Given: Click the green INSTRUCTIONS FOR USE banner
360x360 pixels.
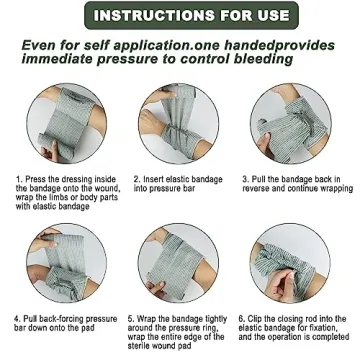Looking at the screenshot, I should coord(179,17).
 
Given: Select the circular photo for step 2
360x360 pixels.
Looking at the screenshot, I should coord(179,125).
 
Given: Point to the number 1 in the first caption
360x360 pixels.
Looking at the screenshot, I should coord(17,180).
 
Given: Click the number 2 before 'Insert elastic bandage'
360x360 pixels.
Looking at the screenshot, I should coord(134,180).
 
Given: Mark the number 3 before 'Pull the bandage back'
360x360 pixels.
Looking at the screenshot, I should coord(245,180).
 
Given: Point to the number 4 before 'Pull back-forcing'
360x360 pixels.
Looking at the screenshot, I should coord(17,319).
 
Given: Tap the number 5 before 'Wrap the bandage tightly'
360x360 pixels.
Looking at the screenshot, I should coord(130,319).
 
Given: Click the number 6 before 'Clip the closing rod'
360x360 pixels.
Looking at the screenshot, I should coord(241,319).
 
